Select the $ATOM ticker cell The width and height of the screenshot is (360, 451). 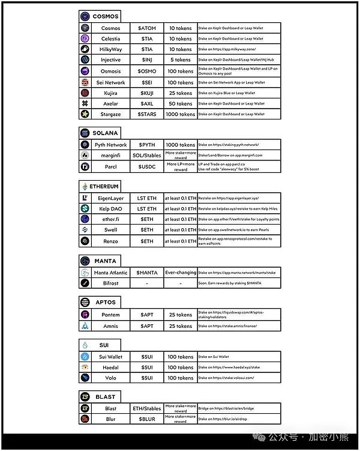point(147,28)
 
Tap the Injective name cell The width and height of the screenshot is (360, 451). point(110,60)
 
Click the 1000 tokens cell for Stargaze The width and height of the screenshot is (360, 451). point(181,114)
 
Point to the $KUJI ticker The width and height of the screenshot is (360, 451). point(147,93)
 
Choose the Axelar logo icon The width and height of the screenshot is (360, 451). point(85,103)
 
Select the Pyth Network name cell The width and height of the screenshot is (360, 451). point(110,145)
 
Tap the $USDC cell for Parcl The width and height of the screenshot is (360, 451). point(147,166)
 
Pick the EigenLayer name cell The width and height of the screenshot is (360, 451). point(110,198)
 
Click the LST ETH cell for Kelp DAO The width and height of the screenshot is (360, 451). point(147,209)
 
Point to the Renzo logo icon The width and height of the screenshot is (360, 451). point(85,241)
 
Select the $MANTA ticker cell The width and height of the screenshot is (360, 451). point(147,273)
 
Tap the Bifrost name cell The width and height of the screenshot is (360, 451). point(110,283)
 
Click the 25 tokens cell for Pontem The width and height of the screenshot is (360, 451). point(181,315)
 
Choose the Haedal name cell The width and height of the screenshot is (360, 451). point(110,368)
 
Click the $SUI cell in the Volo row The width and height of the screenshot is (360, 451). point(147,378)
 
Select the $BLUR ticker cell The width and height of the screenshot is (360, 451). point(147,419)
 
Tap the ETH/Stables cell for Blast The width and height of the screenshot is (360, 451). point(147,408)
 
